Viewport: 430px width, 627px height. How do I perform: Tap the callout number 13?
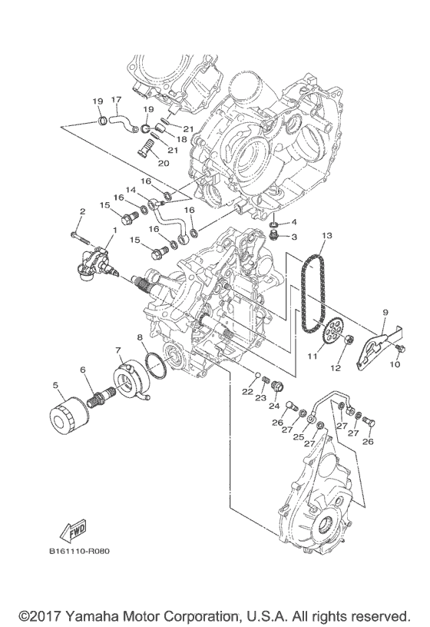[326, 236]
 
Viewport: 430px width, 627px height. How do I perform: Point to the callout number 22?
[246, 392]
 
